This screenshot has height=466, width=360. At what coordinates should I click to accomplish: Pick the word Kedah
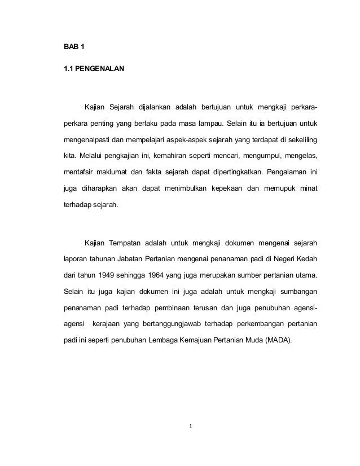coord(306,260)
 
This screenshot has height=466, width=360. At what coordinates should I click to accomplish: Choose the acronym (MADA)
coord(277,341)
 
